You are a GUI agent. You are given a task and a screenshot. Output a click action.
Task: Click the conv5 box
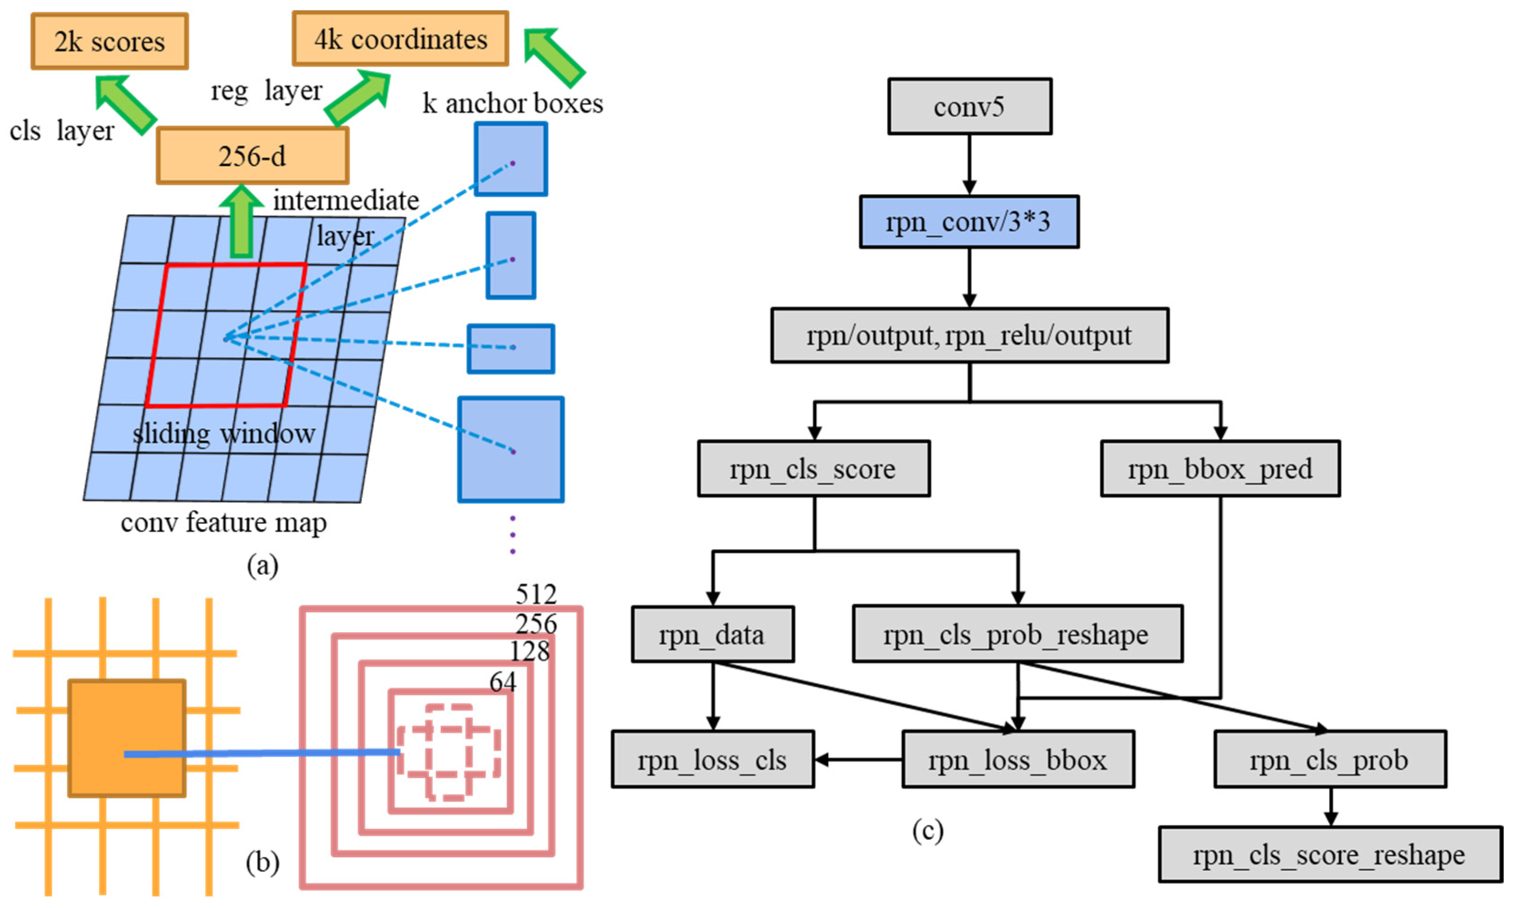[969, 106]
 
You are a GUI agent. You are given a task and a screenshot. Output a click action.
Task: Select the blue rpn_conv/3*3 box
[969, 221]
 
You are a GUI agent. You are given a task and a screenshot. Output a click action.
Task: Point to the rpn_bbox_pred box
[1220, 469]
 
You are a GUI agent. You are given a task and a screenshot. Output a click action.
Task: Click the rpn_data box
[712, 634]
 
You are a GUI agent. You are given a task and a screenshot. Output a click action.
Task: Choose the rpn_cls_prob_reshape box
[1017, 634]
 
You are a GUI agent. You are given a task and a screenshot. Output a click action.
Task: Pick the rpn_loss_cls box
[712, 759]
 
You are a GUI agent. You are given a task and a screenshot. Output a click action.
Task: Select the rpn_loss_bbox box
[1018, 759]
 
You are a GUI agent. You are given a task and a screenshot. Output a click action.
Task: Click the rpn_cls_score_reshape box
[1330, 855]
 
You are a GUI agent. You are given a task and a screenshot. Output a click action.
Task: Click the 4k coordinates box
[400, 39]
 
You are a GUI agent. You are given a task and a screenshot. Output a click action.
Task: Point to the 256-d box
[253, 156]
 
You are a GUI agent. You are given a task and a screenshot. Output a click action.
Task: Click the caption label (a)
[262, 565]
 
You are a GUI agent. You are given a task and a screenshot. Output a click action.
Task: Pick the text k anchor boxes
[512, 103]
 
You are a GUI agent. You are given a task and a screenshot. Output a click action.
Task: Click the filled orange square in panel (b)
[126, 738]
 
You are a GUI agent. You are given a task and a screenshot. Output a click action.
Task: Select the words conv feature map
[223, 522]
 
